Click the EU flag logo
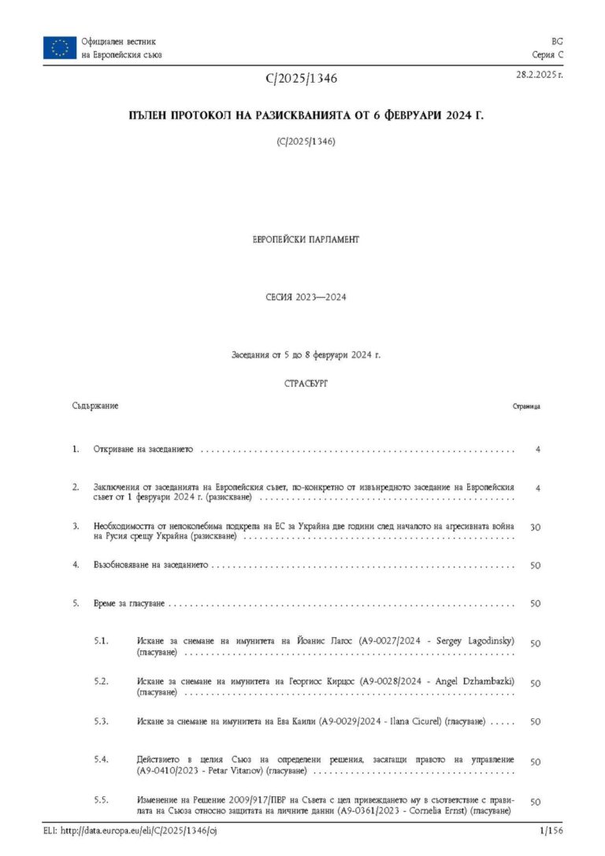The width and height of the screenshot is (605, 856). pyautogui.click(x=60, y=47)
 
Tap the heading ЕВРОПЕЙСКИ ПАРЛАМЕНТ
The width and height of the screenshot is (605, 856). pyautogui.click(x=305, y=239)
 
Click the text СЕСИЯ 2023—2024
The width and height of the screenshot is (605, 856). pyautogui.click(x=306, y=298)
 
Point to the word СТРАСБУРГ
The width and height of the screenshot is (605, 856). pyautogui.click(x=305, y=383)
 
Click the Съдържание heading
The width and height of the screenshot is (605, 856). pyautogui.click(x=95, y=406)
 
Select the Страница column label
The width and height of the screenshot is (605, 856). pyautogui.click(x=526, y=407)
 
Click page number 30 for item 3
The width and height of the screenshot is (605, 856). pyautogui.click(x=535, y=527)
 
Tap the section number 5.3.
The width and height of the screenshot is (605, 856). pyautogui.click(x=100, y=721)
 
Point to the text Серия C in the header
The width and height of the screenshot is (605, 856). pyautogui.click(x=548, y=54)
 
